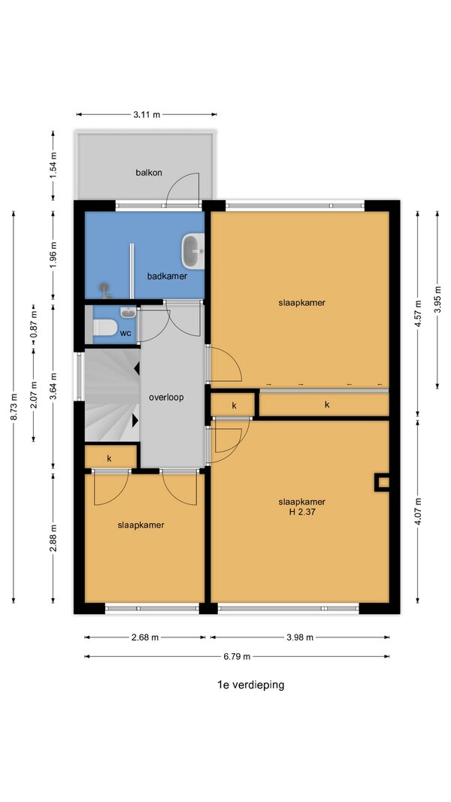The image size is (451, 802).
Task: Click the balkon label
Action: pos(149,172)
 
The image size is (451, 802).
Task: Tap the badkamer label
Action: pos(167,276)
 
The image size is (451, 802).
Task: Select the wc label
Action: pos(126,333)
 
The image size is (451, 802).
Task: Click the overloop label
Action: pos(166,397)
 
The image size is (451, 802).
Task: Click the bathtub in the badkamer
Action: pos(192,250)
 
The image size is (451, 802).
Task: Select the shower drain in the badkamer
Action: pos(105,290)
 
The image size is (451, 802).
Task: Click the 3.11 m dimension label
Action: pos(147,114)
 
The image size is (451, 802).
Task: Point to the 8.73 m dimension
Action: pos(14,407)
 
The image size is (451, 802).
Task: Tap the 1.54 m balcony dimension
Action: pos(53,165)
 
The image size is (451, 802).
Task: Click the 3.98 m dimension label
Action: pos(300,637)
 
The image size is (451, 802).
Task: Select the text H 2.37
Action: pos(302,510)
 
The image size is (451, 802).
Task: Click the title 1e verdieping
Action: pos(250,685)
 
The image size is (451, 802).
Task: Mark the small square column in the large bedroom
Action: pos(382,483)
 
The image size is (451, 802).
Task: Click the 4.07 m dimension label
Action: pos(418,511)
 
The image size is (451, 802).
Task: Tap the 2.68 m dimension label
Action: pos(145,637)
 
